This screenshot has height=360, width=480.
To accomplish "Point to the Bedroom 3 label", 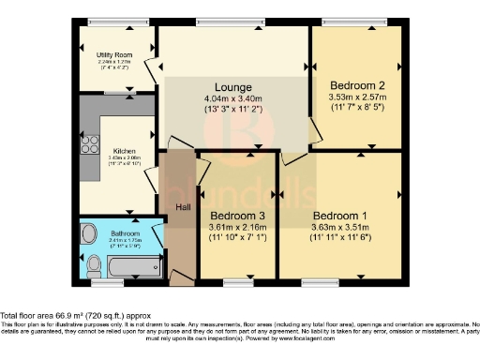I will tap(236, 215).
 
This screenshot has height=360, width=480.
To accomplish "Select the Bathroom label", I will tap(125, 233).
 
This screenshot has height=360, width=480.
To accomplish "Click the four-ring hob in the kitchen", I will tap(92, 145).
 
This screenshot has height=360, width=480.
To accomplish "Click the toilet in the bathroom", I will tap(92, 269).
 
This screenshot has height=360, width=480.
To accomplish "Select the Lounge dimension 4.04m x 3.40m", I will tap(232, 98).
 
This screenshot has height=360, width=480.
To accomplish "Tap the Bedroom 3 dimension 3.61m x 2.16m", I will tap(236, 226).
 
